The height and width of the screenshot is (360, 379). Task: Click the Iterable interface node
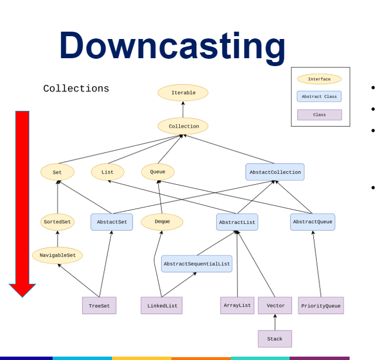pyautogui.click(x=183, y=93)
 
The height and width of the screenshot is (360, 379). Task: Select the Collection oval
pyautogui.click(x=183, y=127)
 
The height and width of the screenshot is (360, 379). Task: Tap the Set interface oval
pyautogui.click(x=57, y=172)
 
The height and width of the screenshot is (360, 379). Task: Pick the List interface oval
pyautogui.click(x=107, y=172)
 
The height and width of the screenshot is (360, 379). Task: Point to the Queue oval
pyautogui.click(x=158, y=172)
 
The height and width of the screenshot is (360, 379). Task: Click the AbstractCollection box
pyautogui.click(x=275, y=172)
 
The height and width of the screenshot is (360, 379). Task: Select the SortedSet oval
pyautogui.click(x=57, y=222)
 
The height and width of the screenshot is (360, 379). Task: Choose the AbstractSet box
pyautogui.click(x=111, y=222)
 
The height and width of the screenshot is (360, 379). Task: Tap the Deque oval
pyautogui.click(x=162, y=222)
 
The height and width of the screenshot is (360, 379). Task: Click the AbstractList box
pyautogui.click(x=237, y=222)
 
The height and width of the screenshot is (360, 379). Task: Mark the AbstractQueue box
pyautogui.click(x=312, y=222)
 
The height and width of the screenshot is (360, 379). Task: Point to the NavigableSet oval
pyautogui.click(x=57, y=255)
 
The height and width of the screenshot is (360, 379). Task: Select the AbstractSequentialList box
pyautogui.click(x=196, y=264)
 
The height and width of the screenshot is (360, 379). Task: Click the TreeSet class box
pyautogui.click(x=99, y=306)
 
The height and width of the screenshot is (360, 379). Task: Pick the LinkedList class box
pyautogui.click(x=162, y=306)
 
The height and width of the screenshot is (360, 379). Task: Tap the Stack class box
pyautogui.click(x=275, y=339)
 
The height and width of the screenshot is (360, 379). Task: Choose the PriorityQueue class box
pyautogui.click(x=321, y=306)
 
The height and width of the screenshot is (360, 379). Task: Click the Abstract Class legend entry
pyautogui.click(x=319, y=97)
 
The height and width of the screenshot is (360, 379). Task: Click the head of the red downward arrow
pyautogui.click(x=23, y=290)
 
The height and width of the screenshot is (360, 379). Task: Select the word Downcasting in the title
pyautogui.click(x=173, y=45)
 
